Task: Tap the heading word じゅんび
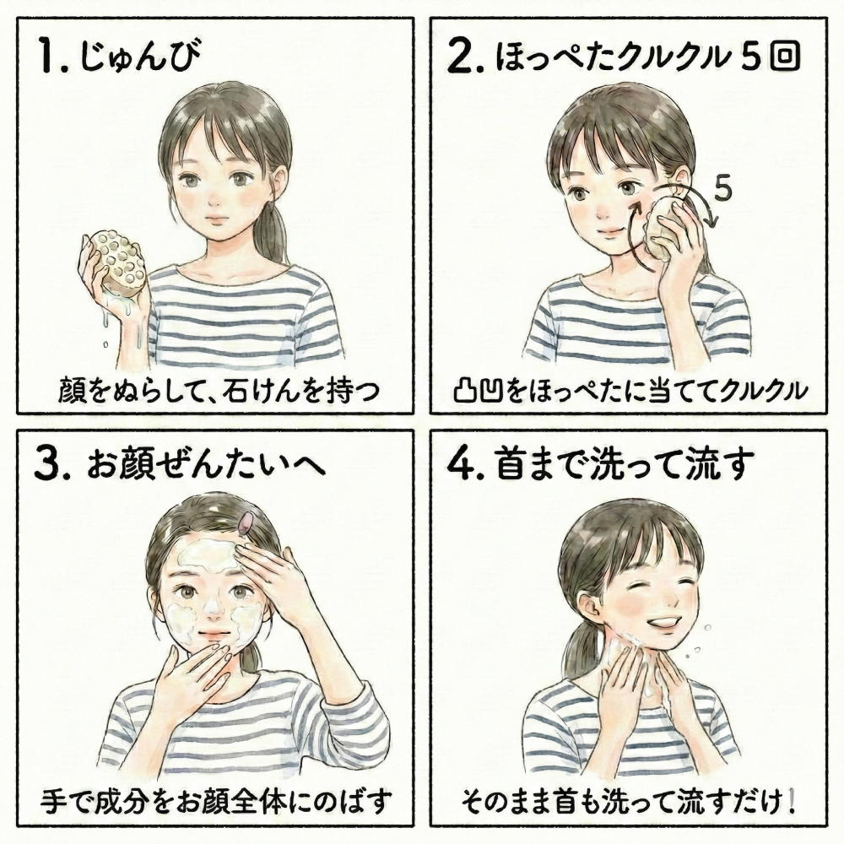pos(141,57)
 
